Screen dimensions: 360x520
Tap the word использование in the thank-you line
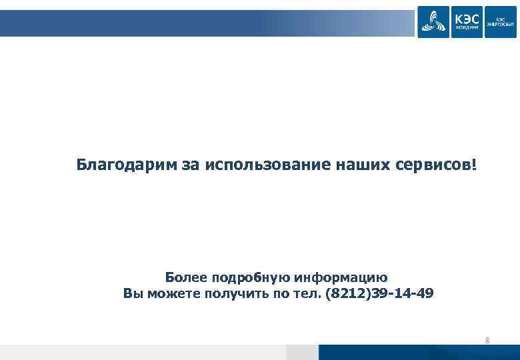pos(267,164)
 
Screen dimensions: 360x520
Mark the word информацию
pos(341,277)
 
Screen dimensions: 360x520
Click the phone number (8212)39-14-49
pos(379,293)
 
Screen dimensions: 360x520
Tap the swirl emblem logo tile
pos(433,21)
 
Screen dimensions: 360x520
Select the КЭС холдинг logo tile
pos(467,21)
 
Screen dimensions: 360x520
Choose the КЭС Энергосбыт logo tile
pos(500,21)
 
